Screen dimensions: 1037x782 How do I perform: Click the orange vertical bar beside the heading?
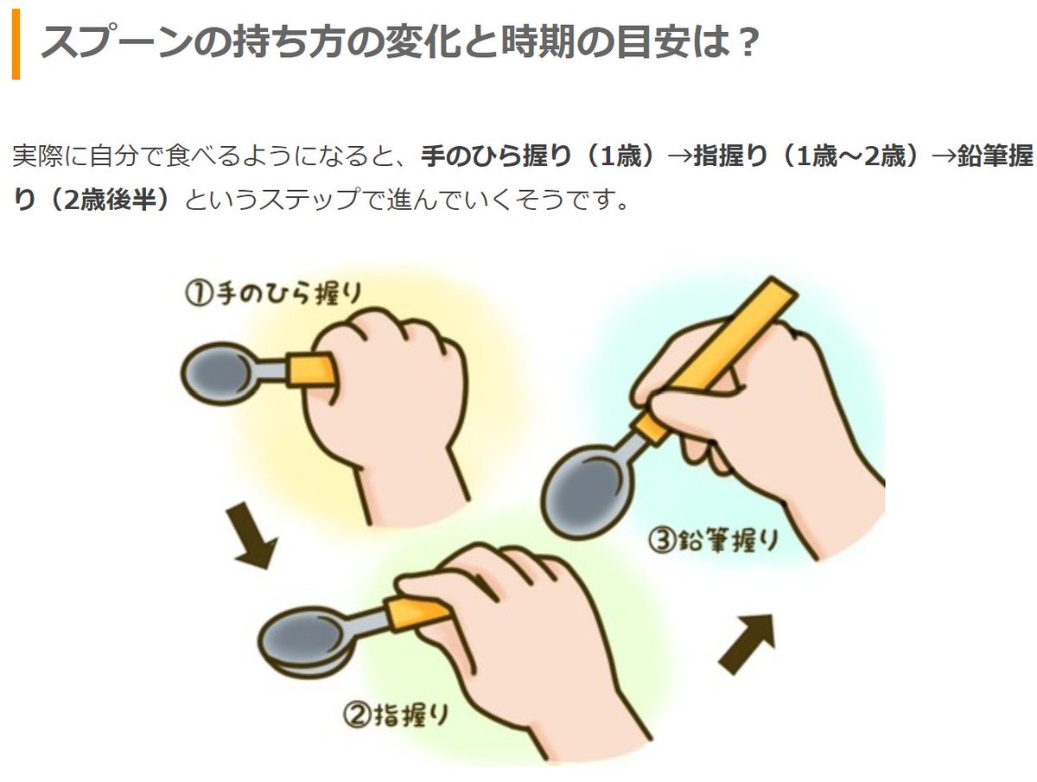click(x=16, y=44)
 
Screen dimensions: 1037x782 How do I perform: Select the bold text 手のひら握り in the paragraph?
click(x=495, y=156)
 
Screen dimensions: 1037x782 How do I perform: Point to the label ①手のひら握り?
click(x=273, y=293)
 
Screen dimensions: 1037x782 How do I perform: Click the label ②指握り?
click(x=395, y=715)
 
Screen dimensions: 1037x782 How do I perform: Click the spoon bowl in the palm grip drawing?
click(x=215, y=373)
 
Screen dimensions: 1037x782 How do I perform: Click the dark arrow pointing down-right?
click(x=251, y=535)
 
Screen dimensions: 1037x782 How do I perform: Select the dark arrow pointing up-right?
click(x=748, y=644)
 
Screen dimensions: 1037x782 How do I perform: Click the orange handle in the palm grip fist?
click(x=311, y=370)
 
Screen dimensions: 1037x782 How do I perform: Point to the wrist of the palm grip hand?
click(x=411, y=491)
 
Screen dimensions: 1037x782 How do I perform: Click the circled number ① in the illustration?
click(x=197, y=293)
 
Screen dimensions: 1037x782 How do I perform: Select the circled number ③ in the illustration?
click(x=661, y=540)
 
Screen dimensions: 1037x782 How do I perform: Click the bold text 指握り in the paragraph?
click(x=730, y=156)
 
